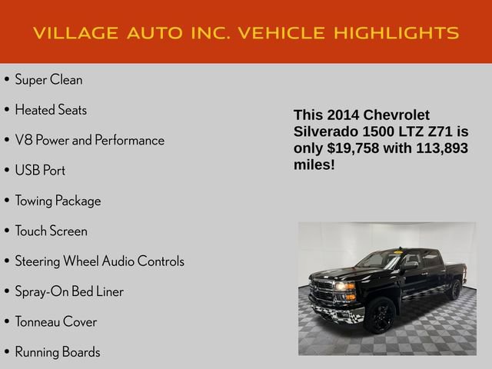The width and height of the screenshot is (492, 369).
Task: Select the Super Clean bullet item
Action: [48, 79]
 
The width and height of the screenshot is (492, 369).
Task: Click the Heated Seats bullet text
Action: [51, 110]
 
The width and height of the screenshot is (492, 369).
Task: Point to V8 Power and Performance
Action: [89, 140]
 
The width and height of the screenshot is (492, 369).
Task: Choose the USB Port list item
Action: [40, 170]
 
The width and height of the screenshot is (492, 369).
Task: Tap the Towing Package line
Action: [58, 201]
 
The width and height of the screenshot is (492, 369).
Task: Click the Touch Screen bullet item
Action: [51, 231]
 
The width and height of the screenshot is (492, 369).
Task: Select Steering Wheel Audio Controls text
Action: [99, 261]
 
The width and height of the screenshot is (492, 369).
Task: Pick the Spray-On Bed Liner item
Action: [69, 291]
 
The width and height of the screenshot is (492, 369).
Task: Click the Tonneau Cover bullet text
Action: [55, 321]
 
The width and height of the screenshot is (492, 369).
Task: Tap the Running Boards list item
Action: [57, 352]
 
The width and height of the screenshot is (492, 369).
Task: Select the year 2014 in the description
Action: [343, 115]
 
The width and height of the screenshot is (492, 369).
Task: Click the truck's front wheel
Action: [381, 315]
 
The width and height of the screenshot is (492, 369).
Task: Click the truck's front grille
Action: [321, 291]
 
